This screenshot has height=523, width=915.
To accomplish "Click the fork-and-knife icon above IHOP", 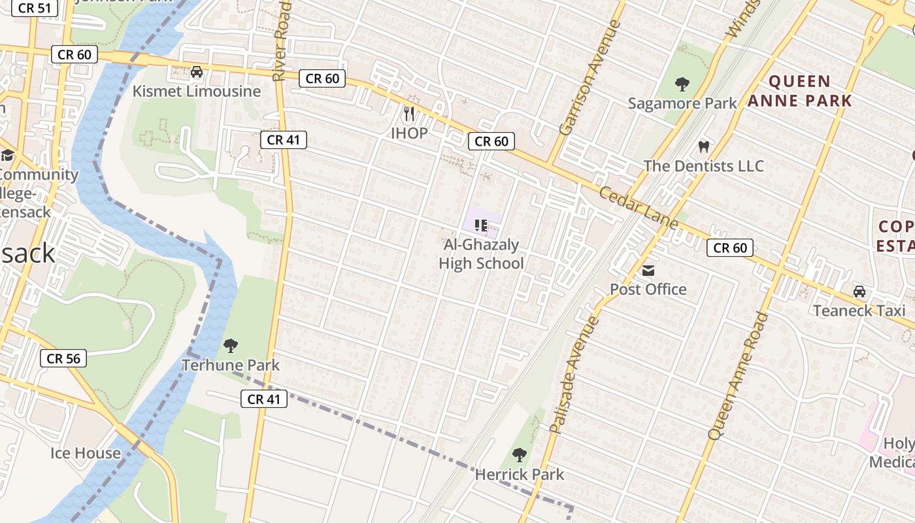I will point(409,114).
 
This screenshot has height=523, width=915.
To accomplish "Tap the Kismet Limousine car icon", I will point(196,72).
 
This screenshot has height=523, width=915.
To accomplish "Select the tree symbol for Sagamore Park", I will point(682,84).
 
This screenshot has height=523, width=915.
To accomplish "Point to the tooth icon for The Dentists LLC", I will point(703,146).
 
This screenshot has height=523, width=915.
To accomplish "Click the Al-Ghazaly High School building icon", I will point(481,226).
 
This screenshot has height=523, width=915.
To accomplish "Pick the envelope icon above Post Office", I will point(648,270).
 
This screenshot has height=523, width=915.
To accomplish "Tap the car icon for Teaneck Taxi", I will point(859,292).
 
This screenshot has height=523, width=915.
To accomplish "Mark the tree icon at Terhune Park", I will point(230,345).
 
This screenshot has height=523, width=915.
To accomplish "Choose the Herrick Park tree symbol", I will point(520,454).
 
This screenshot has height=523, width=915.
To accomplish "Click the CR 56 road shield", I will point(63,358).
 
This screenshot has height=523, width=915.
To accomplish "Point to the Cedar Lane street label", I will point(639,207).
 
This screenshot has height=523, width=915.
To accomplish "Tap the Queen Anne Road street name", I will point(739,375).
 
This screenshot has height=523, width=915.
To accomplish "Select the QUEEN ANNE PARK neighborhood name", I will point(800,91).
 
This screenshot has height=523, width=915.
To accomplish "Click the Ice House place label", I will point(86,453).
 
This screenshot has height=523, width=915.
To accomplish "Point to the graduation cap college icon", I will point(7,156).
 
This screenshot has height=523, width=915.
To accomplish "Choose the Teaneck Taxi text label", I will point(859,311).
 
